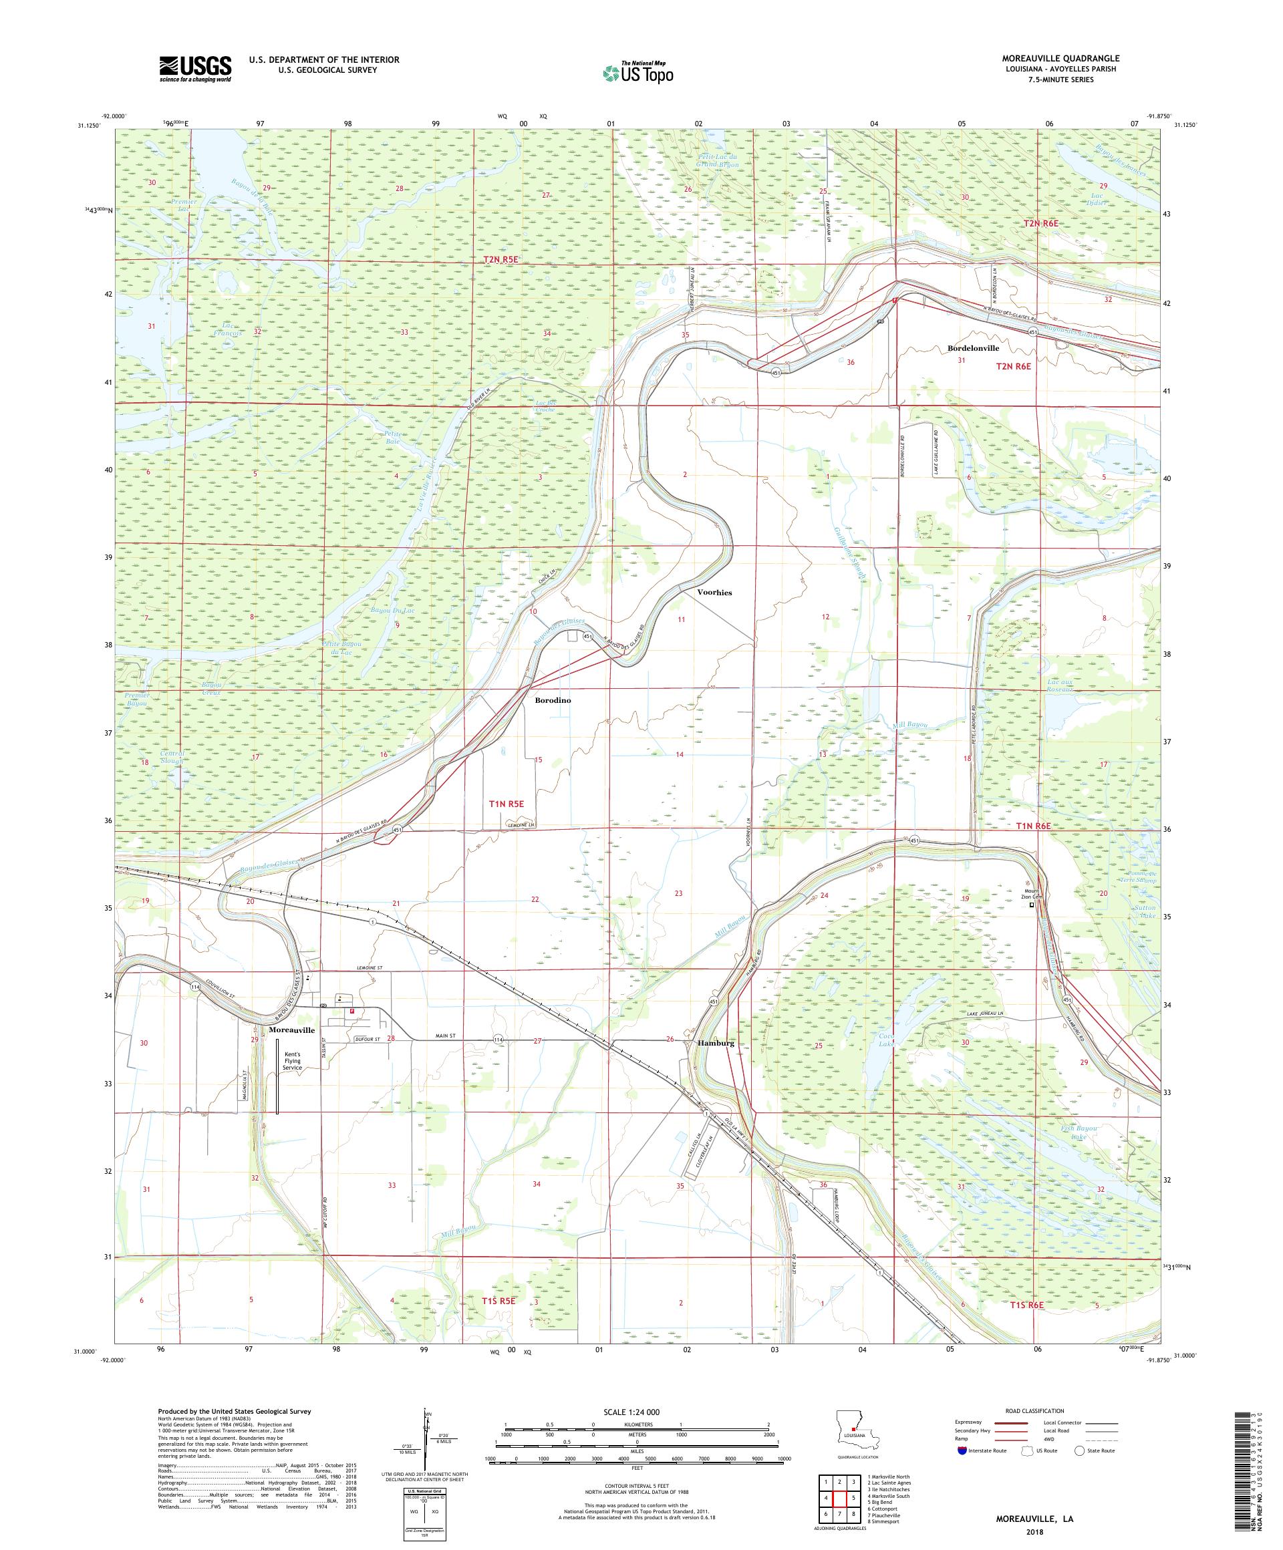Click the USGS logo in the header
(196, 69)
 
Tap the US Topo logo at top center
(639, 71)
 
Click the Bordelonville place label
(973, 347)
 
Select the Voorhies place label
(714, 592)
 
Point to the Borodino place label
(553, 700)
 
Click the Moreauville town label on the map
(292, 1029)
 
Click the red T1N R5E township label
(507, 804)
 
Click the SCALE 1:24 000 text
(635, 1411)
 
